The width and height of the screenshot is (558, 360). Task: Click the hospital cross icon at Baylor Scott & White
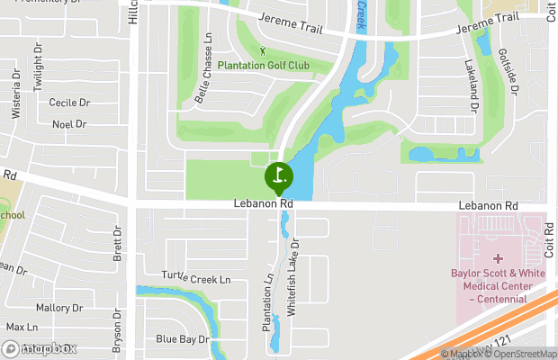(x=498, y=258)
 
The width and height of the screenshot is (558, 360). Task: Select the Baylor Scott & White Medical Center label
(x=498, y=280)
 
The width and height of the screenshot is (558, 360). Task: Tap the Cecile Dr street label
(x=70, y=103)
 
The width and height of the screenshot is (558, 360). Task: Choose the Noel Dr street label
(x=68, y=124)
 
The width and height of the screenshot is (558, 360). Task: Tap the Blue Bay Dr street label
(x=183, y=339)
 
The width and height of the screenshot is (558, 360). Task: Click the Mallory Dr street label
(x=59, y=308)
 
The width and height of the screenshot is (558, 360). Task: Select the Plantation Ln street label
(x=267, y=300)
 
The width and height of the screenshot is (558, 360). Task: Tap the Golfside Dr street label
(x=508, y=72)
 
